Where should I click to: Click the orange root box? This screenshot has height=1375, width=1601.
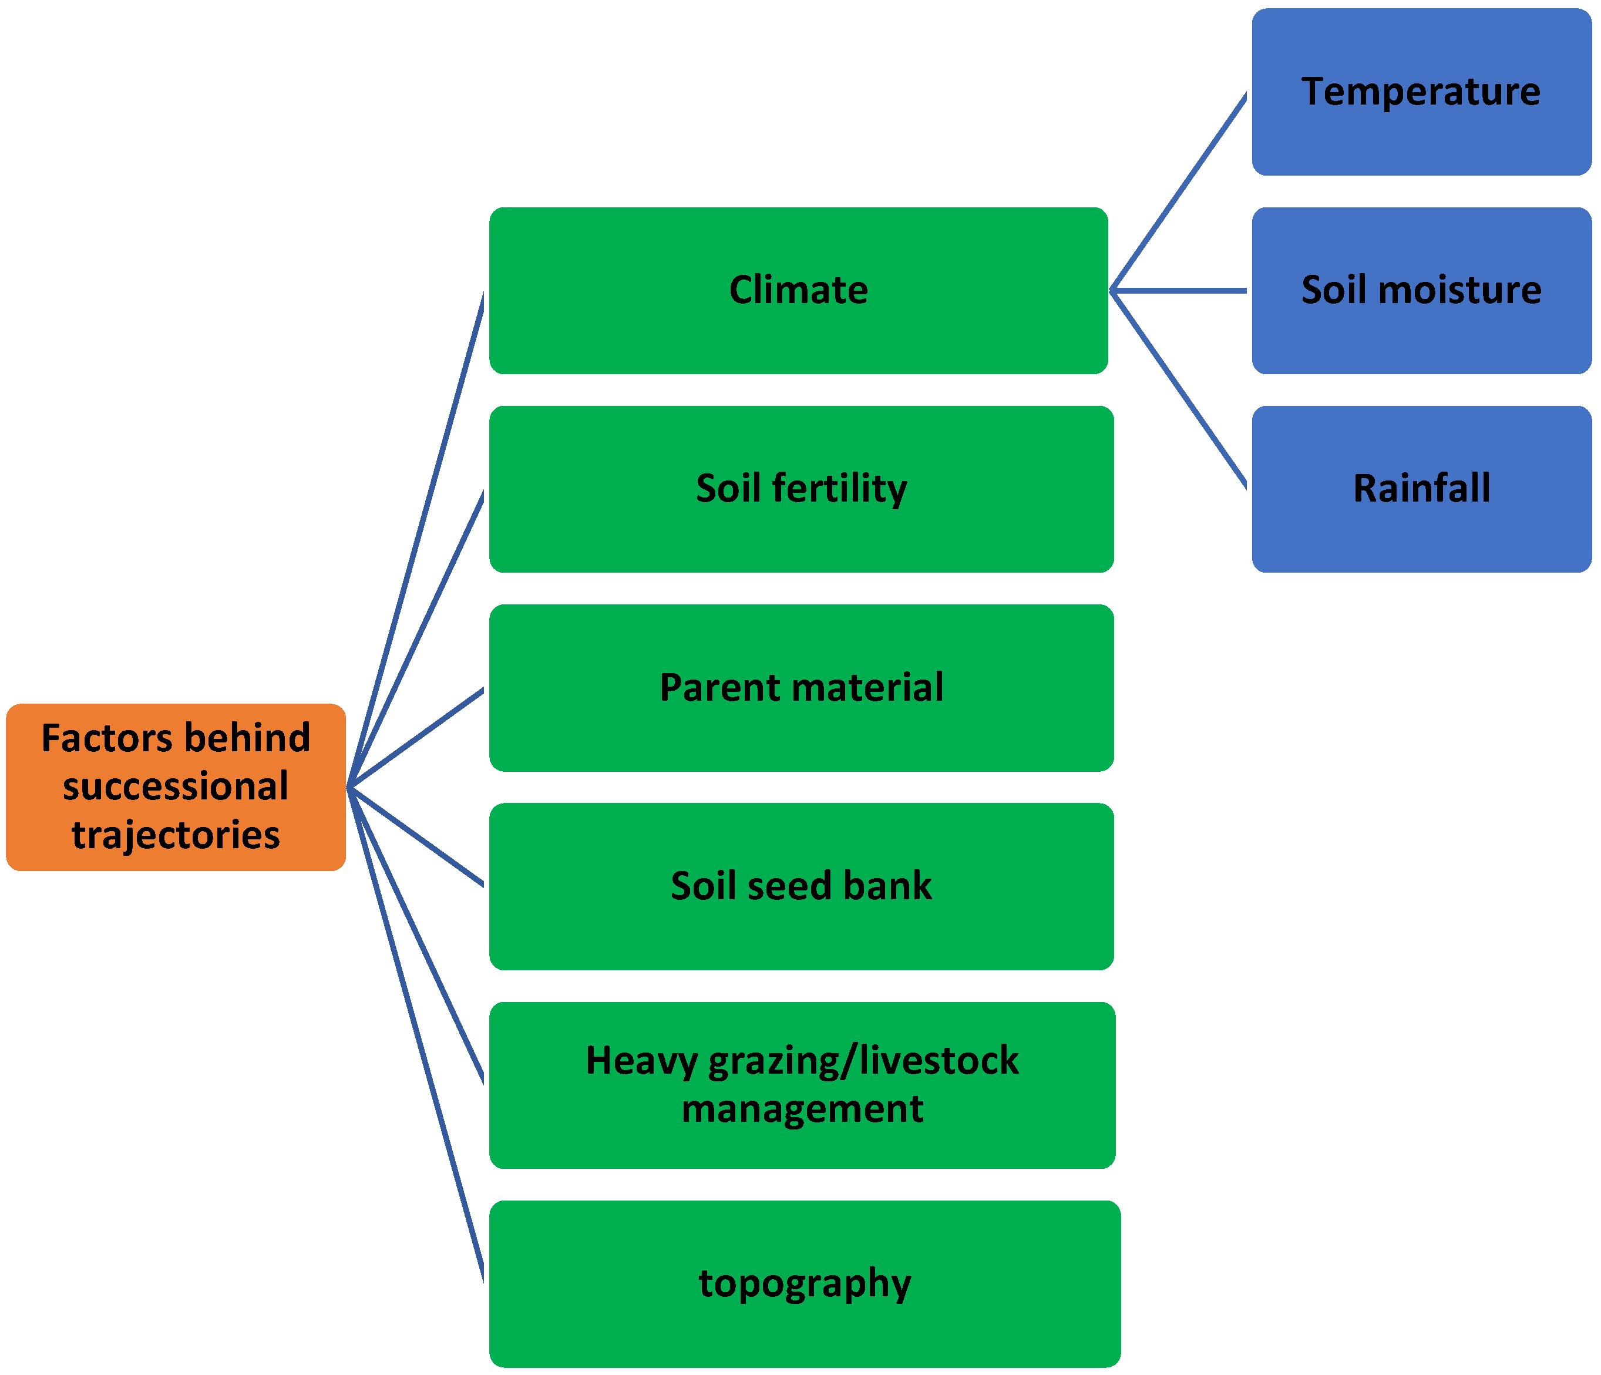point(176,788)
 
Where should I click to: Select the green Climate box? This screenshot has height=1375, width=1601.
point(798,291)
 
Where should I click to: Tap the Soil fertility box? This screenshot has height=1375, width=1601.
point(801,489)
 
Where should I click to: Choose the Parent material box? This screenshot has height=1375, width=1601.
point(801,688)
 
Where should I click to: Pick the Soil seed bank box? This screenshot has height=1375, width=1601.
point(801,886)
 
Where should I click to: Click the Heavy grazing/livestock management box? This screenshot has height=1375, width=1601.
point(802,1085)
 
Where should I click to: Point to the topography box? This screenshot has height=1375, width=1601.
point(805,1284)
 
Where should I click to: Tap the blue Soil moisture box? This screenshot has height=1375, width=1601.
point(1420,291)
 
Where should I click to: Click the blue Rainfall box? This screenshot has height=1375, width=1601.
point(1420,489)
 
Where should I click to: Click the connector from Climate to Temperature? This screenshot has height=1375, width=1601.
point(1178,193)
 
